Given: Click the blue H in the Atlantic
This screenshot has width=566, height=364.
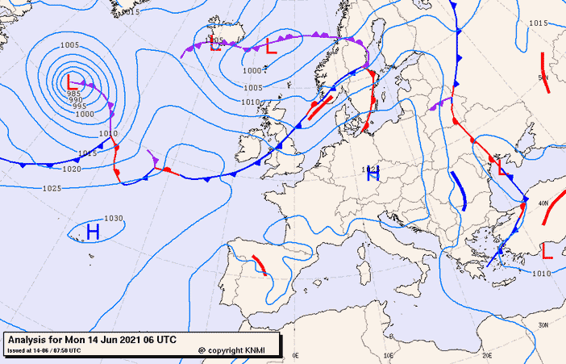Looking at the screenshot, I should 93,232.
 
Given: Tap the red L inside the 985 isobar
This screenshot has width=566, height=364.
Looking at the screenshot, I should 72,82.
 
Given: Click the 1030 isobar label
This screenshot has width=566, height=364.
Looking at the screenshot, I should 114,219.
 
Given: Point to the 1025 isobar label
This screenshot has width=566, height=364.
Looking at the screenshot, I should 52,188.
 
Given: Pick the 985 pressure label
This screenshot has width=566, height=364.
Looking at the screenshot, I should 73,94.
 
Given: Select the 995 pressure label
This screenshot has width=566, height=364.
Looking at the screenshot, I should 79,107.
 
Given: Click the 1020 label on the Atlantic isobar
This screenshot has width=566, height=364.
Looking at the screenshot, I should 72,169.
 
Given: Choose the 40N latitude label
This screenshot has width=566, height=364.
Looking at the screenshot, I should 543,203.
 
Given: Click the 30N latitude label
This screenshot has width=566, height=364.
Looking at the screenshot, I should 543,324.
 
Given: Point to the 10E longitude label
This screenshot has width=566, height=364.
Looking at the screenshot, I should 389,354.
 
